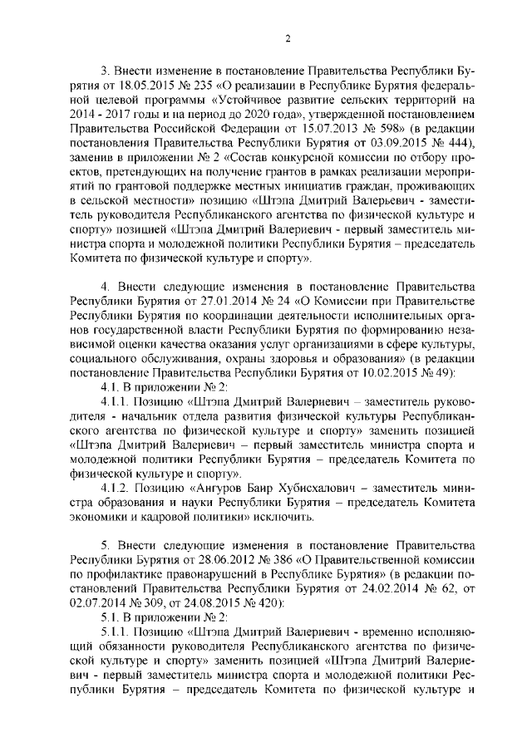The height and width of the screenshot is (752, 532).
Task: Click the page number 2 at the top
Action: [x=287, y=37]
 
